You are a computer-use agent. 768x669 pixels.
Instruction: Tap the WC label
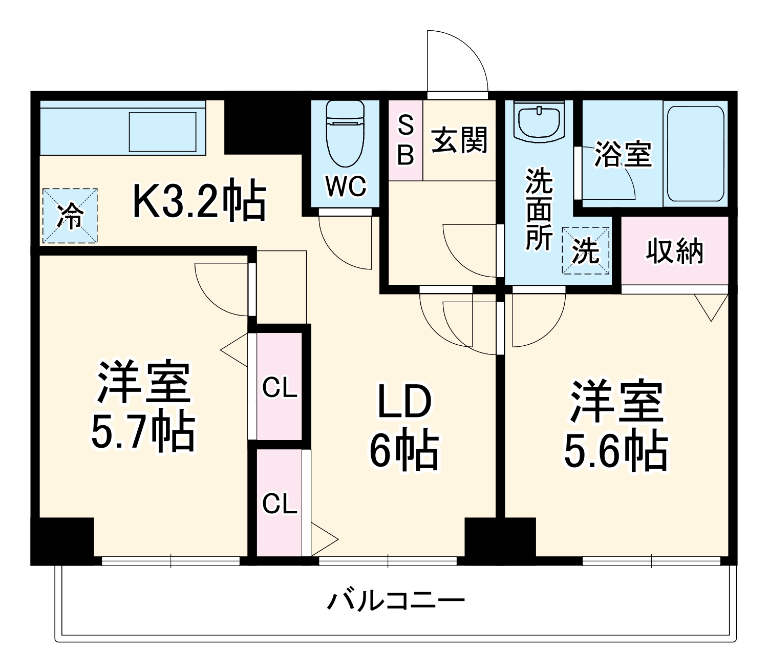click(x=346, y=186)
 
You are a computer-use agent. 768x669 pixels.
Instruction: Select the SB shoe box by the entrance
click(x=406, y=140)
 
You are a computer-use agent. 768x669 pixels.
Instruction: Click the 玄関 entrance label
click(x=459, y=139)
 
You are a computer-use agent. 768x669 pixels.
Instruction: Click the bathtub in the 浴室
click(x=696, y=154)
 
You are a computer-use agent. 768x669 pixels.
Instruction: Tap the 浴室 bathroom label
click(x=623, y=154)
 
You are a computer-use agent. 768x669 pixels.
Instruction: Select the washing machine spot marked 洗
click(x=586, y=251)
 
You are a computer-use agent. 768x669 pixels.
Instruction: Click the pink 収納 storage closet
click(x=674, y=251)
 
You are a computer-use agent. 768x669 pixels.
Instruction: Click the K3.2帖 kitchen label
click(x=199, y=200)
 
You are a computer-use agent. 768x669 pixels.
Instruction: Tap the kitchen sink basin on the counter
click(x=162, y=132)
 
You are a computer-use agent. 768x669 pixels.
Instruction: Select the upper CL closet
click(x=280, y=388)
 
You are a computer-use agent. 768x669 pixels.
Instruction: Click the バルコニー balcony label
click(x=396, y=600)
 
